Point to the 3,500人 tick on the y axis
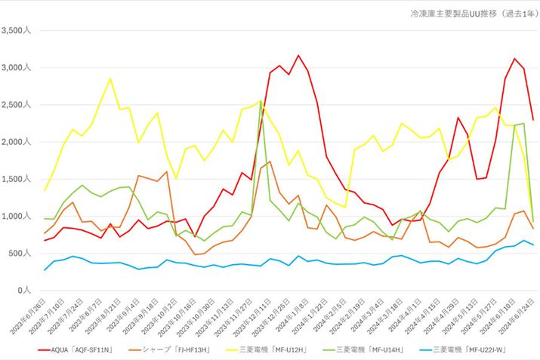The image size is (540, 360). pyautogui.click(x=17, y=31)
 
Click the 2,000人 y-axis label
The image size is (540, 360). pyautogui.click(x=17, y=142)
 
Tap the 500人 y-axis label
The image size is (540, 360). pyautogui.click(x=20, y=254)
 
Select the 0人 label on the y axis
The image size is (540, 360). pyautogui.click(x=25, y=291)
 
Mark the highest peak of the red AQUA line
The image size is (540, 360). pyautogui.click(x=298, y=55)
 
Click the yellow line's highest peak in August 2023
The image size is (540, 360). pyautogui.click(x=110, y=78)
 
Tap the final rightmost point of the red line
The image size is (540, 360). pyautogui.click(x=533, y=120)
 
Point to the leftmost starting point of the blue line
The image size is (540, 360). pyautogui.click(x=45, y=269)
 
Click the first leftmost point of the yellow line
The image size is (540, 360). pyautogui.click(x=45, y=190)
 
